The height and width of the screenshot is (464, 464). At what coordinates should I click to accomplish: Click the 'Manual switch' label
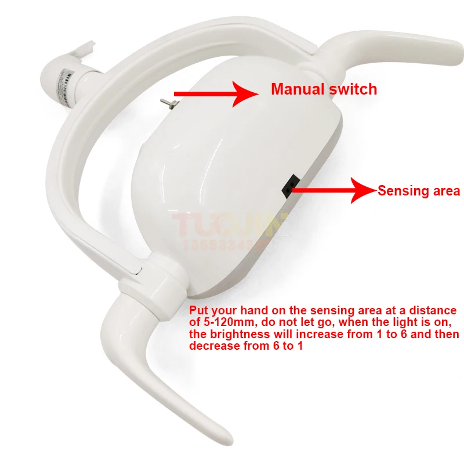[x=324, y=89]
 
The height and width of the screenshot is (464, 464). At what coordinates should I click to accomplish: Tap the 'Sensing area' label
[x=419, y=190]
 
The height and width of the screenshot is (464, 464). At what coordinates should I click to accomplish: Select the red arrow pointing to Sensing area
[x=333, y=188]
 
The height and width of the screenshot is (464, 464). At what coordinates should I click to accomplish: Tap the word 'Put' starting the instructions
[x=200, y=311]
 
